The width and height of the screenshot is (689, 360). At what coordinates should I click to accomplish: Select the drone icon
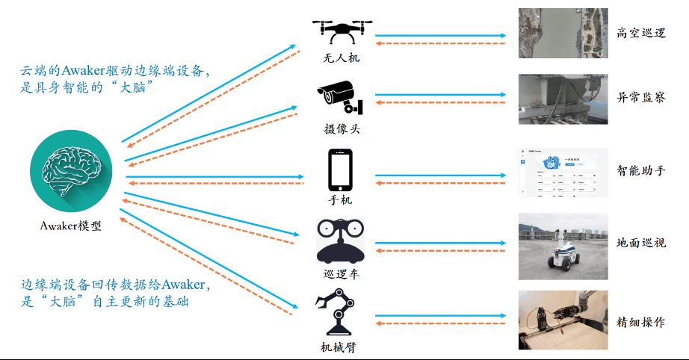pyautogui.click(x=342, y=31)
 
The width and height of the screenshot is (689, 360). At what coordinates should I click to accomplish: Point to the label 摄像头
pyautogui.click(x=342, y=128)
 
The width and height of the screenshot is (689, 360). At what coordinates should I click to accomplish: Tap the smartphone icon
pyautogui.click(x=341, y=170)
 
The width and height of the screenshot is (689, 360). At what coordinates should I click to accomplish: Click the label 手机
pyautogui.click(x=341, y=200)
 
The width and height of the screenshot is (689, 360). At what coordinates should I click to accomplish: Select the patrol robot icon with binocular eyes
pyautogui.click(x=341, y=240)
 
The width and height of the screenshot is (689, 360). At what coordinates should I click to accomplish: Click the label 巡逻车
pyautogui.click(x=341, y=273)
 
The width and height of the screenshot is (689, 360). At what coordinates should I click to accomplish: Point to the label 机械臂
pyautogui.click(x=341, y=347)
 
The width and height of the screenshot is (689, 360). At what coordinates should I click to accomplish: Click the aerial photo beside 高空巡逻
pyautogui.click(x=563, y=33)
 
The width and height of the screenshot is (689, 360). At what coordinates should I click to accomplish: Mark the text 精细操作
pyautogui.click(x=640, y=323)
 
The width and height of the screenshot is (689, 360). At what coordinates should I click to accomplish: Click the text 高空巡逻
pyautogui.click(x=640, y=33)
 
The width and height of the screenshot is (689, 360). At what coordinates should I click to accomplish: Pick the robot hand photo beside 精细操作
pyautogui.click(x=563, y=320)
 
